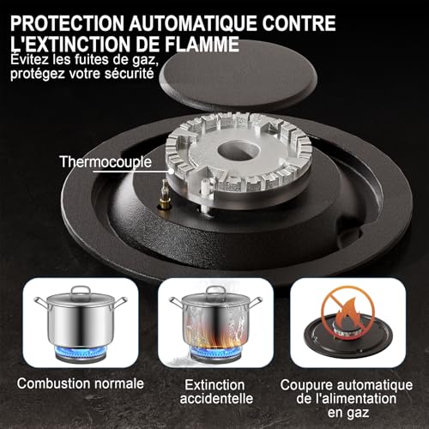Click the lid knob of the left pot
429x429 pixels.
click(80, 291)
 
